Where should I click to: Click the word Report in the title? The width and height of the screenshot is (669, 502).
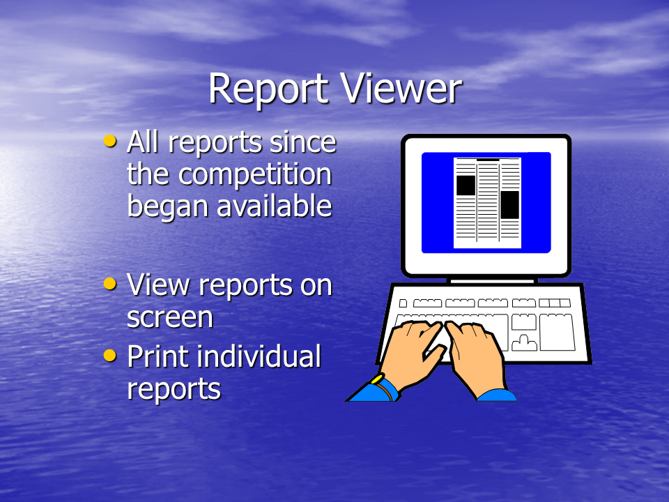[x=268, y=90]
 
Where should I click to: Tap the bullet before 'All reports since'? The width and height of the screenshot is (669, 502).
[x=110, y=141]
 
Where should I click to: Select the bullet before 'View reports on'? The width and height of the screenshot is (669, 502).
[x=110, y=284]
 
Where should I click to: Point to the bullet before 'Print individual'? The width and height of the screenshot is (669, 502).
[x=110, y=355]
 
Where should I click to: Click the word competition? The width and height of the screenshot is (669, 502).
[x=255, y=176]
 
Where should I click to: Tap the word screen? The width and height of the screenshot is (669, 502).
[x=170, y=318]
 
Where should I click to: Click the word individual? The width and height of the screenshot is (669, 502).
[x=259, y=356]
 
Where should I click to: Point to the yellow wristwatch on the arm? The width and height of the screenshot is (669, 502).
[x=377, y=379]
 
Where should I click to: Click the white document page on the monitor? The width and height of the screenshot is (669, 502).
[x=487, y=203]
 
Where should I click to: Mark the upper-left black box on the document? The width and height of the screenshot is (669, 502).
[x=466, y=185]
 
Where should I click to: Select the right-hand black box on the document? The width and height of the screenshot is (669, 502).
[x=509, y=205]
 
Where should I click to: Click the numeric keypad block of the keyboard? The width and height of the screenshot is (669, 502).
[x=557, y=332]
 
